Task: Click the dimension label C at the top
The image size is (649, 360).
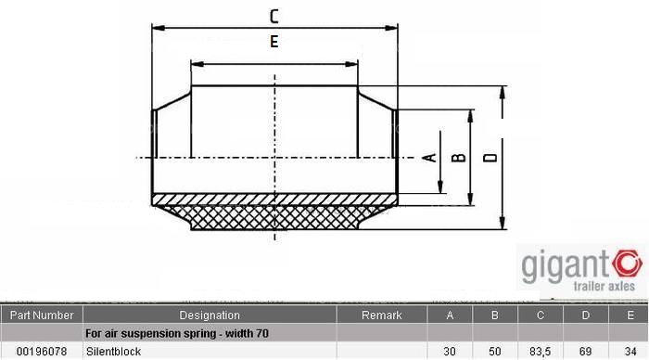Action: [x=274, y=15]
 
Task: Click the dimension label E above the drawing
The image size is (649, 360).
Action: [x=274, y=41]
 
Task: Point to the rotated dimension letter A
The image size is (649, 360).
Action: [x=429, y=158]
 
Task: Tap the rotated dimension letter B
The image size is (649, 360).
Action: [x=457, y=158]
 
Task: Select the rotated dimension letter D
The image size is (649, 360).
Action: [x=491, y=158]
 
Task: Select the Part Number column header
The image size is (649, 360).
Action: [x=40, y=315]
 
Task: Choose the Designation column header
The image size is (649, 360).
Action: [x=209, y=315]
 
